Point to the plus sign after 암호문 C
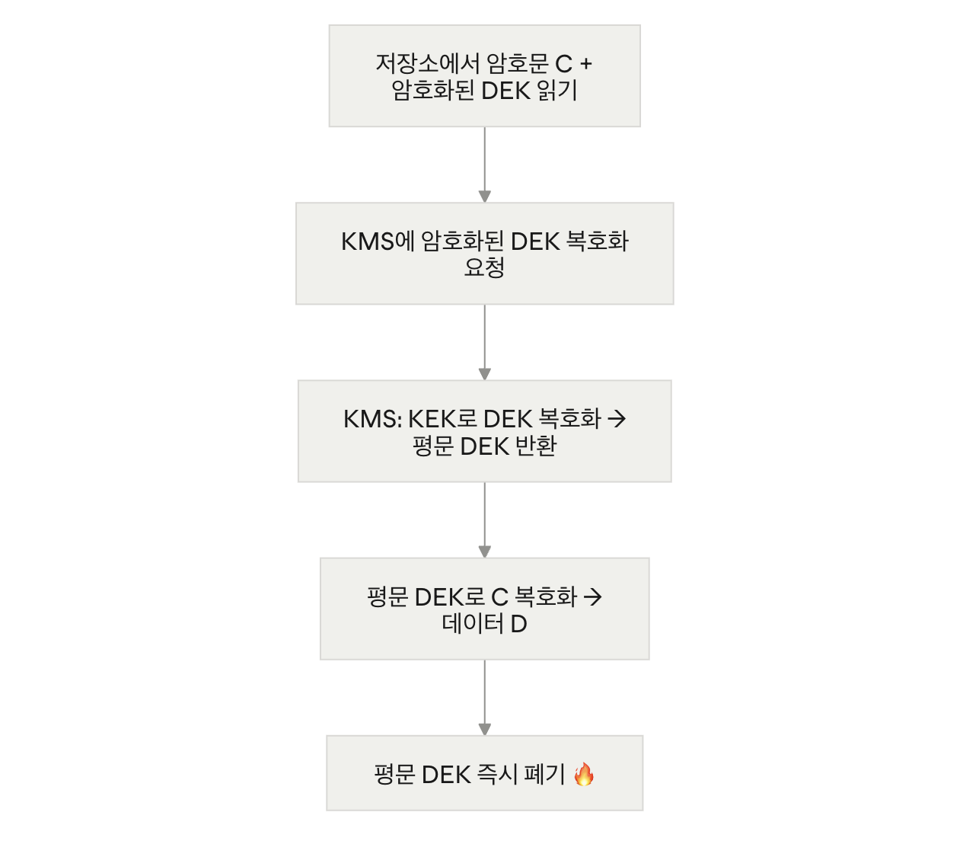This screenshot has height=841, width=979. [586, 63]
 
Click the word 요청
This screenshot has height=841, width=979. [484, 267]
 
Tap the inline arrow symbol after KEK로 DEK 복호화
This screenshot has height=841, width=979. [617, 419]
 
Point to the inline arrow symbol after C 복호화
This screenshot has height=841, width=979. [592, 597]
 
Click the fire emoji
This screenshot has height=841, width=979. [584, 774]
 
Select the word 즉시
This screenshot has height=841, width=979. [497, 775]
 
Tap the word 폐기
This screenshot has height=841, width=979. [544, 775]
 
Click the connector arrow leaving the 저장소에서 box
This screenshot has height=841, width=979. [484, 165]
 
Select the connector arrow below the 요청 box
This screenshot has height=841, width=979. [484, 342]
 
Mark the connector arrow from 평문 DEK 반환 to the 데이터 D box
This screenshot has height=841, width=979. [484, 520]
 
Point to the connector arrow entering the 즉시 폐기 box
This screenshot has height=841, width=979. [484, 698]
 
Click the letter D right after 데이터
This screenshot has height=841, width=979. [518, 624]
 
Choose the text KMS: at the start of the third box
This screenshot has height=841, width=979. [373, 419]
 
